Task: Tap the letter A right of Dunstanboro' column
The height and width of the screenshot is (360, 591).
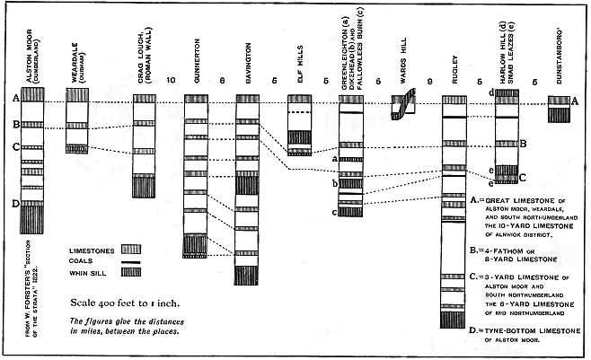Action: click(576, 102)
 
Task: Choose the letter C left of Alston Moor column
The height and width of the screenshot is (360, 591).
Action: click(14, 146)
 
